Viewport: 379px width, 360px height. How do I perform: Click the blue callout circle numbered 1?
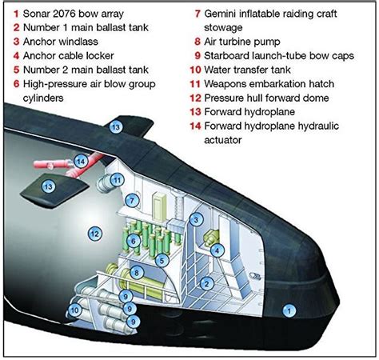(289, 310)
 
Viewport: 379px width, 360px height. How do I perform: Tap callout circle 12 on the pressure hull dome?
(95, 234)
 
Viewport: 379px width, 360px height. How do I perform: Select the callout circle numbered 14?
(81, 161)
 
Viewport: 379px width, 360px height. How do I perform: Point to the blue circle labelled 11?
(118, 180)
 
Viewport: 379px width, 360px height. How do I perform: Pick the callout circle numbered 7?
(132, 200)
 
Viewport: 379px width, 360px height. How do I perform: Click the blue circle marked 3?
(196, 220)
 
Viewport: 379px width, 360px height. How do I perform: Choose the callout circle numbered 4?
(217, 250)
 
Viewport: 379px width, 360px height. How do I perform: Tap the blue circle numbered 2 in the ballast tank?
(206, 283)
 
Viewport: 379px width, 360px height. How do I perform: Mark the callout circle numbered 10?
(74, 310)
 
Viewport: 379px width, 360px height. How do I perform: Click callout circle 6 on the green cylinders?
(134, 241)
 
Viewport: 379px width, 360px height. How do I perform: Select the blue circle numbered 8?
(137, 273)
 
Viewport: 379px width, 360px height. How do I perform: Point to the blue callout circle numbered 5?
(162, 260)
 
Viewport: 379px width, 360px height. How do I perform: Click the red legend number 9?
(197, 55)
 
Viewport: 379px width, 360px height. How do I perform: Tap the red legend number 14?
(195, 126)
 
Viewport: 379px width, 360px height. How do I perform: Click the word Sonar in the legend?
(36, 14)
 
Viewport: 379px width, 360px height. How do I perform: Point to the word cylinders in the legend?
(43, 98)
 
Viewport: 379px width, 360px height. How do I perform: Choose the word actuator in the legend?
(223, 140)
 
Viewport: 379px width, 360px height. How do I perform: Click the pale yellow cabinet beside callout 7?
(159, 207)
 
